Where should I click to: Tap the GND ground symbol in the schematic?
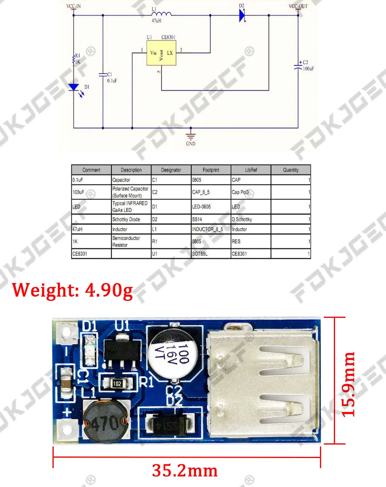click(x=191, y=136)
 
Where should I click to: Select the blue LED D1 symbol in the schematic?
click(x=74, y=88)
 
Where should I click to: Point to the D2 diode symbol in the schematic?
click(x=242, y=15)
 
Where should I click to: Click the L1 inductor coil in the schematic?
click(x=162, y=14)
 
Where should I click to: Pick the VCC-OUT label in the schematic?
click(x=298, y=6)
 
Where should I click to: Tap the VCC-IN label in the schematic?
click(x=74, y=6)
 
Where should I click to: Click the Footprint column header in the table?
click(x=211, y=170)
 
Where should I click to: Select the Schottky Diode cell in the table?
click(x=126, y=219)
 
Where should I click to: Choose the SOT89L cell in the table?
click(x=200, y=254)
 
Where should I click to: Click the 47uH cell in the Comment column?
click(x=78, y=229)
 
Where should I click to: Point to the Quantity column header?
click(x=291, y=170)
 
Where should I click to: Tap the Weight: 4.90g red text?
click(x=73, y=290)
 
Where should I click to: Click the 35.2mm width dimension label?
click(x=185, y=471)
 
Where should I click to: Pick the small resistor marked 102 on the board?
click(x=117, y=383)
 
